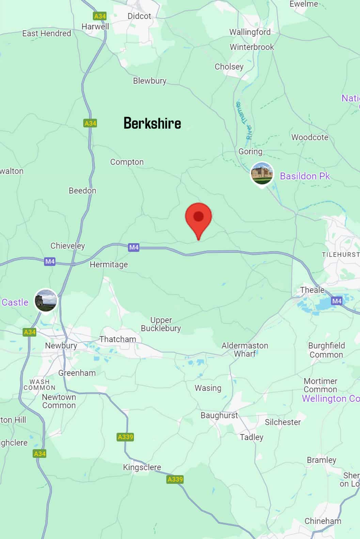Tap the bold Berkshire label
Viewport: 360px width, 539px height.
point(152,123)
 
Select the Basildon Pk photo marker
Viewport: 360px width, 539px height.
point(262,174)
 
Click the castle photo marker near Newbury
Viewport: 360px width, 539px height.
point(46,300)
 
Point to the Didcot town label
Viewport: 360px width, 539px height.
point(139,16)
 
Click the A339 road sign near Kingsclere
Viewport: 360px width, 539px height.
point(175,479)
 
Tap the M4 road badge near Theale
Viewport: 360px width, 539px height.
point(336,301)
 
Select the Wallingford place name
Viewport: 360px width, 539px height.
point(250,32)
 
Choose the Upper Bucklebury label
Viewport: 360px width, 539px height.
point(161,324)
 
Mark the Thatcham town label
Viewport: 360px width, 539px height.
point(118,339)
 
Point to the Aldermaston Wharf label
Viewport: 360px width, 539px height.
point(245,349)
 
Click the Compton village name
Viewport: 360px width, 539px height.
point(127,162)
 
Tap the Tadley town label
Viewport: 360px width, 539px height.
point(251,437)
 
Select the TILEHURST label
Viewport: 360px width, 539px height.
point(341,255)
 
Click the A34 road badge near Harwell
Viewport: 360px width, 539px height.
point(100,16)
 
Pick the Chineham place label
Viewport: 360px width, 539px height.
point(323,521)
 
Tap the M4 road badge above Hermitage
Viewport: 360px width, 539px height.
point(134,247)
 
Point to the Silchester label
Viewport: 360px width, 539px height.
point(283,422)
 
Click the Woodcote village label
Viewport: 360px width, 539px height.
point(310,137)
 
